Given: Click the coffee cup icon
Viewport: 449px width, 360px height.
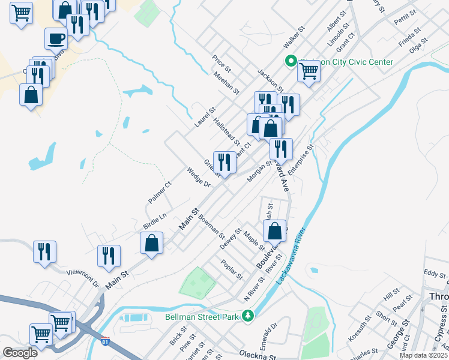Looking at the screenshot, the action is coord(56,39).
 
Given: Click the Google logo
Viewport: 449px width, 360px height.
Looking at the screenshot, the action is coord(20,353).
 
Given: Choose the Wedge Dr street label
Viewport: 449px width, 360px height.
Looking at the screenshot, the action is coord(197,178).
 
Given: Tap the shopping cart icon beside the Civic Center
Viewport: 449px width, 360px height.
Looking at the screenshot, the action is coord(309,71).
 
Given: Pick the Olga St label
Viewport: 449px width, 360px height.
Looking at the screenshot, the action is coord(418,46).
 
